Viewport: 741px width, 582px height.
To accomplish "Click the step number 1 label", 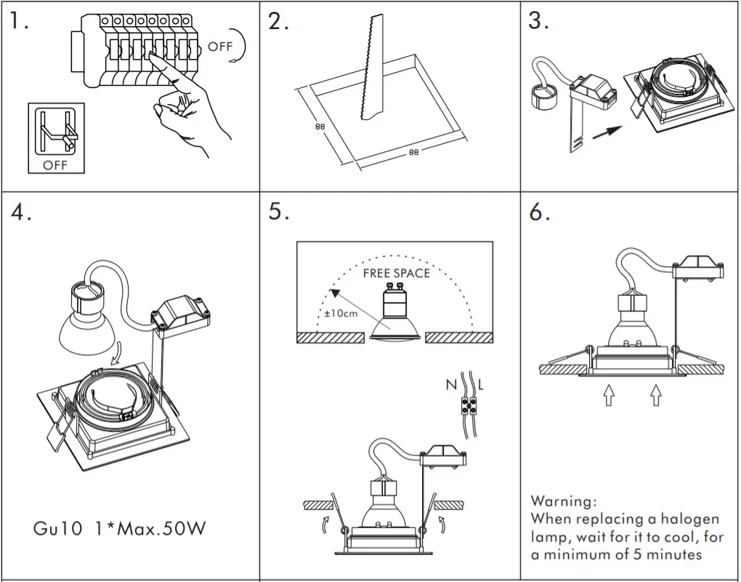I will coord(20,22).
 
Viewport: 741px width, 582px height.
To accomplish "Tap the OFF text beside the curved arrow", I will coord(220,47).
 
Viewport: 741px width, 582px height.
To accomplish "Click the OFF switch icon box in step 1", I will coord(56,138).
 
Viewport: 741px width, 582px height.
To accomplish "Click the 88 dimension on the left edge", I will coord(320,127).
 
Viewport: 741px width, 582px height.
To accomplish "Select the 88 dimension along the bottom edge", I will coord(413,153).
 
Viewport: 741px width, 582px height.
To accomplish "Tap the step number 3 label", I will coord(538,22).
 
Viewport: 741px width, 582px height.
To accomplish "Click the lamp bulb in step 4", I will coord(86,331).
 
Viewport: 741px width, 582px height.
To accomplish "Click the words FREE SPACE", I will coord(396,274).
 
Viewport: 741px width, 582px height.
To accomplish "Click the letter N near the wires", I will coord(451,384).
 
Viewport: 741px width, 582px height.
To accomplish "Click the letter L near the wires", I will coord(480,384).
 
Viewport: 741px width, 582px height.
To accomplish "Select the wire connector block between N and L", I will coord(466,404).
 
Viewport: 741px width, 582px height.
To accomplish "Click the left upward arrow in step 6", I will coord(609,395).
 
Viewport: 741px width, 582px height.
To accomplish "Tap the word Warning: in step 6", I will coord(564,501).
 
